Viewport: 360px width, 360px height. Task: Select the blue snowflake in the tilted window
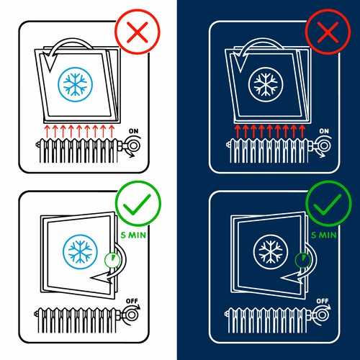point(75,84)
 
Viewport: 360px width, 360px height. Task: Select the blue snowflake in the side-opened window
point(80,252)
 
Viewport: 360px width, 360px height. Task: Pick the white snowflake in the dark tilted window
point(266,84)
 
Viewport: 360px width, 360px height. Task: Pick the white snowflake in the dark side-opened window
point(271,252)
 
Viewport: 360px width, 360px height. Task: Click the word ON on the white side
point(134,131)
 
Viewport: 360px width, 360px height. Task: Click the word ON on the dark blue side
point(324,131)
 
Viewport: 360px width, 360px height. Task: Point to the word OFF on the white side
point(132,301)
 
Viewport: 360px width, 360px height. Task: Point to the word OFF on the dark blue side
point(323,301)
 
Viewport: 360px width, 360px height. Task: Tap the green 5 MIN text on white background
point(133,235)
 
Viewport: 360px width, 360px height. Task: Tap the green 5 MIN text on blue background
point(324,235)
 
